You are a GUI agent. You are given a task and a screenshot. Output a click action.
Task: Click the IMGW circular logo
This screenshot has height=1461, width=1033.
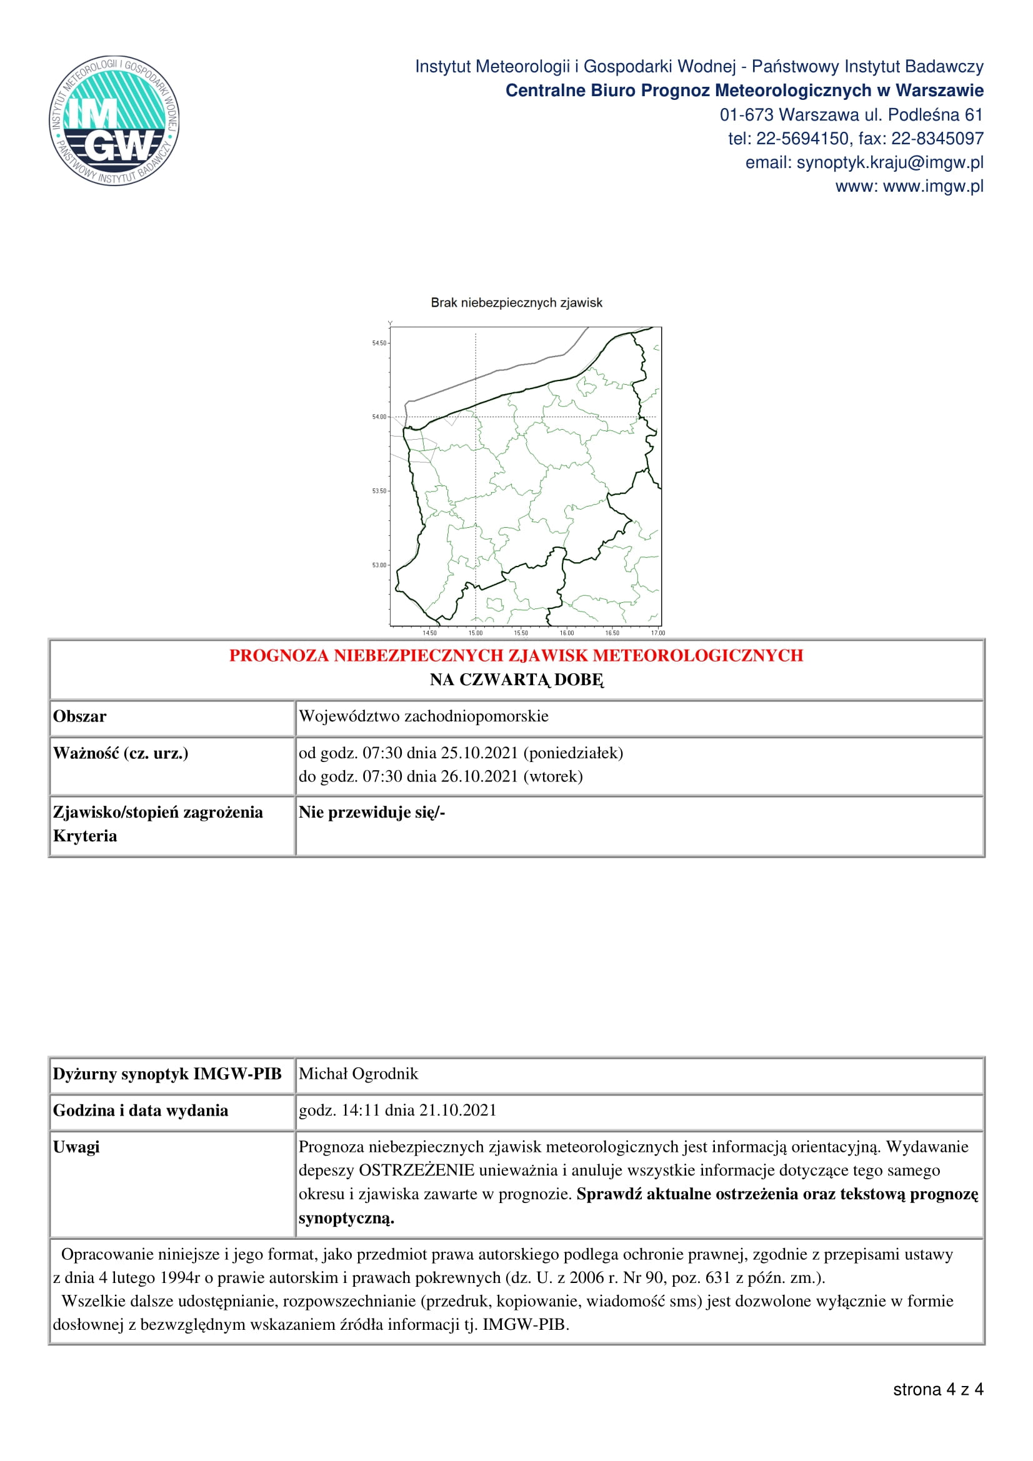point(114,121)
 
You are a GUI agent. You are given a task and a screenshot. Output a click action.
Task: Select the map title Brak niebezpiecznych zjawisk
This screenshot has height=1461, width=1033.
point(516,303)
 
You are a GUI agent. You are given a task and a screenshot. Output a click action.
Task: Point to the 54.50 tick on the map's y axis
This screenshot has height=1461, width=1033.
point(379,343)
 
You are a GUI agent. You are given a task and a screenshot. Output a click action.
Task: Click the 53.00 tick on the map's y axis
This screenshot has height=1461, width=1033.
point(379,565)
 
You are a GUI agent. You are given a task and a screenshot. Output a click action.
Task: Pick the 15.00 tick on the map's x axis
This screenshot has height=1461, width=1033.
point(476,633)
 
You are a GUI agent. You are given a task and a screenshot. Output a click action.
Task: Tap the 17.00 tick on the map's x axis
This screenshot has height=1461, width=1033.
point(657,633)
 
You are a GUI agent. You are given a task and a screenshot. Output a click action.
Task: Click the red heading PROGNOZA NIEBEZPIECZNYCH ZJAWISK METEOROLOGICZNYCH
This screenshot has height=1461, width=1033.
point(516,655)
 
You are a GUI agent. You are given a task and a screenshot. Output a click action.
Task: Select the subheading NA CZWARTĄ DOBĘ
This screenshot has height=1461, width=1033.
point(516,680)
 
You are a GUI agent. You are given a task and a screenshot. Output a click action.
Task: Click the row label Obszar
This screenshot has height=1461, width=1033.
point(79,716)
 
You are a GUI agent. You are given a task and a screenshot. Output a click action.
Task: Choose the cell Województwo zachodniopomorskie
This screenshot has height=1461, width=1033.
point(423,716)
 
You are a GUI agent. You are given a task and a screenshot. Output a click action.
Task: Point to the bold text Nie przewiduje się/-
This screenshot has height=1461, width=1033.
point(372,813)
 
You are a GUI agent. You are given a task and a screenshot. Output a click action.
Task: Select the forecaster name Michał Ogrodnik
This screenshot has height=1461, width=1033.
point(358,1074)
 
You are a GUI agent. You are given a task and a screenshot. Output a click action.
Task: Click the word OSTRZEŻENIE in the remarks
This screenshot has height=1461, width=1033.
point(416,1171)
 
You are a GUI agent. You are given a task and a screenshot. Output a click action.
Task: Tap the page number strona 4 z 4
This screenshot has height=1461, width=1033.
point(938,1390)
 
